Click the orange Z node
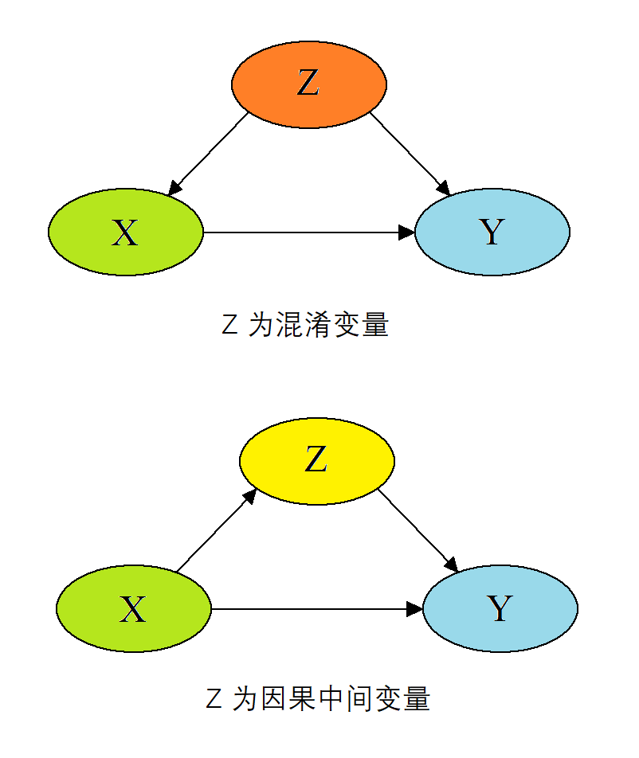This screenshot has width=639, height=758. coord(309,84)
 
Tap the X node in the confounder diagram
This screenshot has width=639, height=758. coord(126,232)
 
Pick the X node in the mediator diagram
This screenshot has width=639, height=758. coord(134,610)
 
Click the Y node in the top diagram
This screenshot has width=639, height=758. coord(492,232)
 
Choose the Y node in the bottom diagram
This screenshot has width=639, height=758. coord(500,610)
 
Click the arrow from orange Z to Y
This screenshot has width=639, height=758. coord(410,154)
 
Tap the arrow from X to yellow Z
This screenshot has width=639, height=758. coord(215,531)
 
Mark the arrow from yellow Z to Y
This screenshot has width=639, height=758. coord(418,530)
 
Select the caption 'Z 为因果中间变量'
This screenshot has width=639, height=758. coord(317,699)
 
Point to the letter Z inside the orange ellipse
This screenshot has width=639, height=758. coord(308,84)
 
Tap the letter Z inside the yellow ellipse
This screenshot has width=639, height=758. coord(316,460)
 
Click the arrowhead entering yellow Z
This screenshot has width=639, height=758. coord(250,495)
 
